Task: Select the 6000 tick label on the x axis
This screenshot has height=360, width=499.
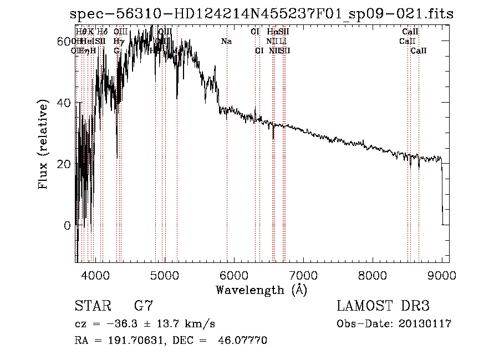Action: click(x=233, y=275)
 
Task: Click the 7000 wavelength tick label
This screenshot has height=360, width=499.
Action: click(x=303, y=275)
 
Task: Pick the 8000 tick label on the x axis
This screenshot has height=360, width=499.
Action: click(x=372, y=275)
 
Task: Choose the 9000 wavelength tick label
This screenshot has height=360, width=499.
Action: click(x=441, y=275)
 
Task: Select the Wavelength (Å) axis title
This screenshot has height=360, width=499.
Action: click(x=261, y=290)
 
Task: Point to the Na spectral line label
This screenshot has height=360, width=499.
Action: click(x=226, y=41)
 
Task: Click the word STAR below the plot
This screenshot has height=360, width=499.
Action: click(x=93, y=306)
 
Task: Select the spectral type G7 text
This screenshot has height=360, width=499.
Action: click(x=143, y=306)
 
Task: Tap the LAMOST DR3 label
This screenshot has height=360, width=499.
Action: click(x=383, y=306)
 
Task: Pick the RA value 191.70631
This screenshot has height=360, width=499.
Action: click(x=141, y=341)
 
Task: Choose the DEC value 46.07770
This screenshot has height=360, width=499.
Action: click(x=245, y=341)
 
